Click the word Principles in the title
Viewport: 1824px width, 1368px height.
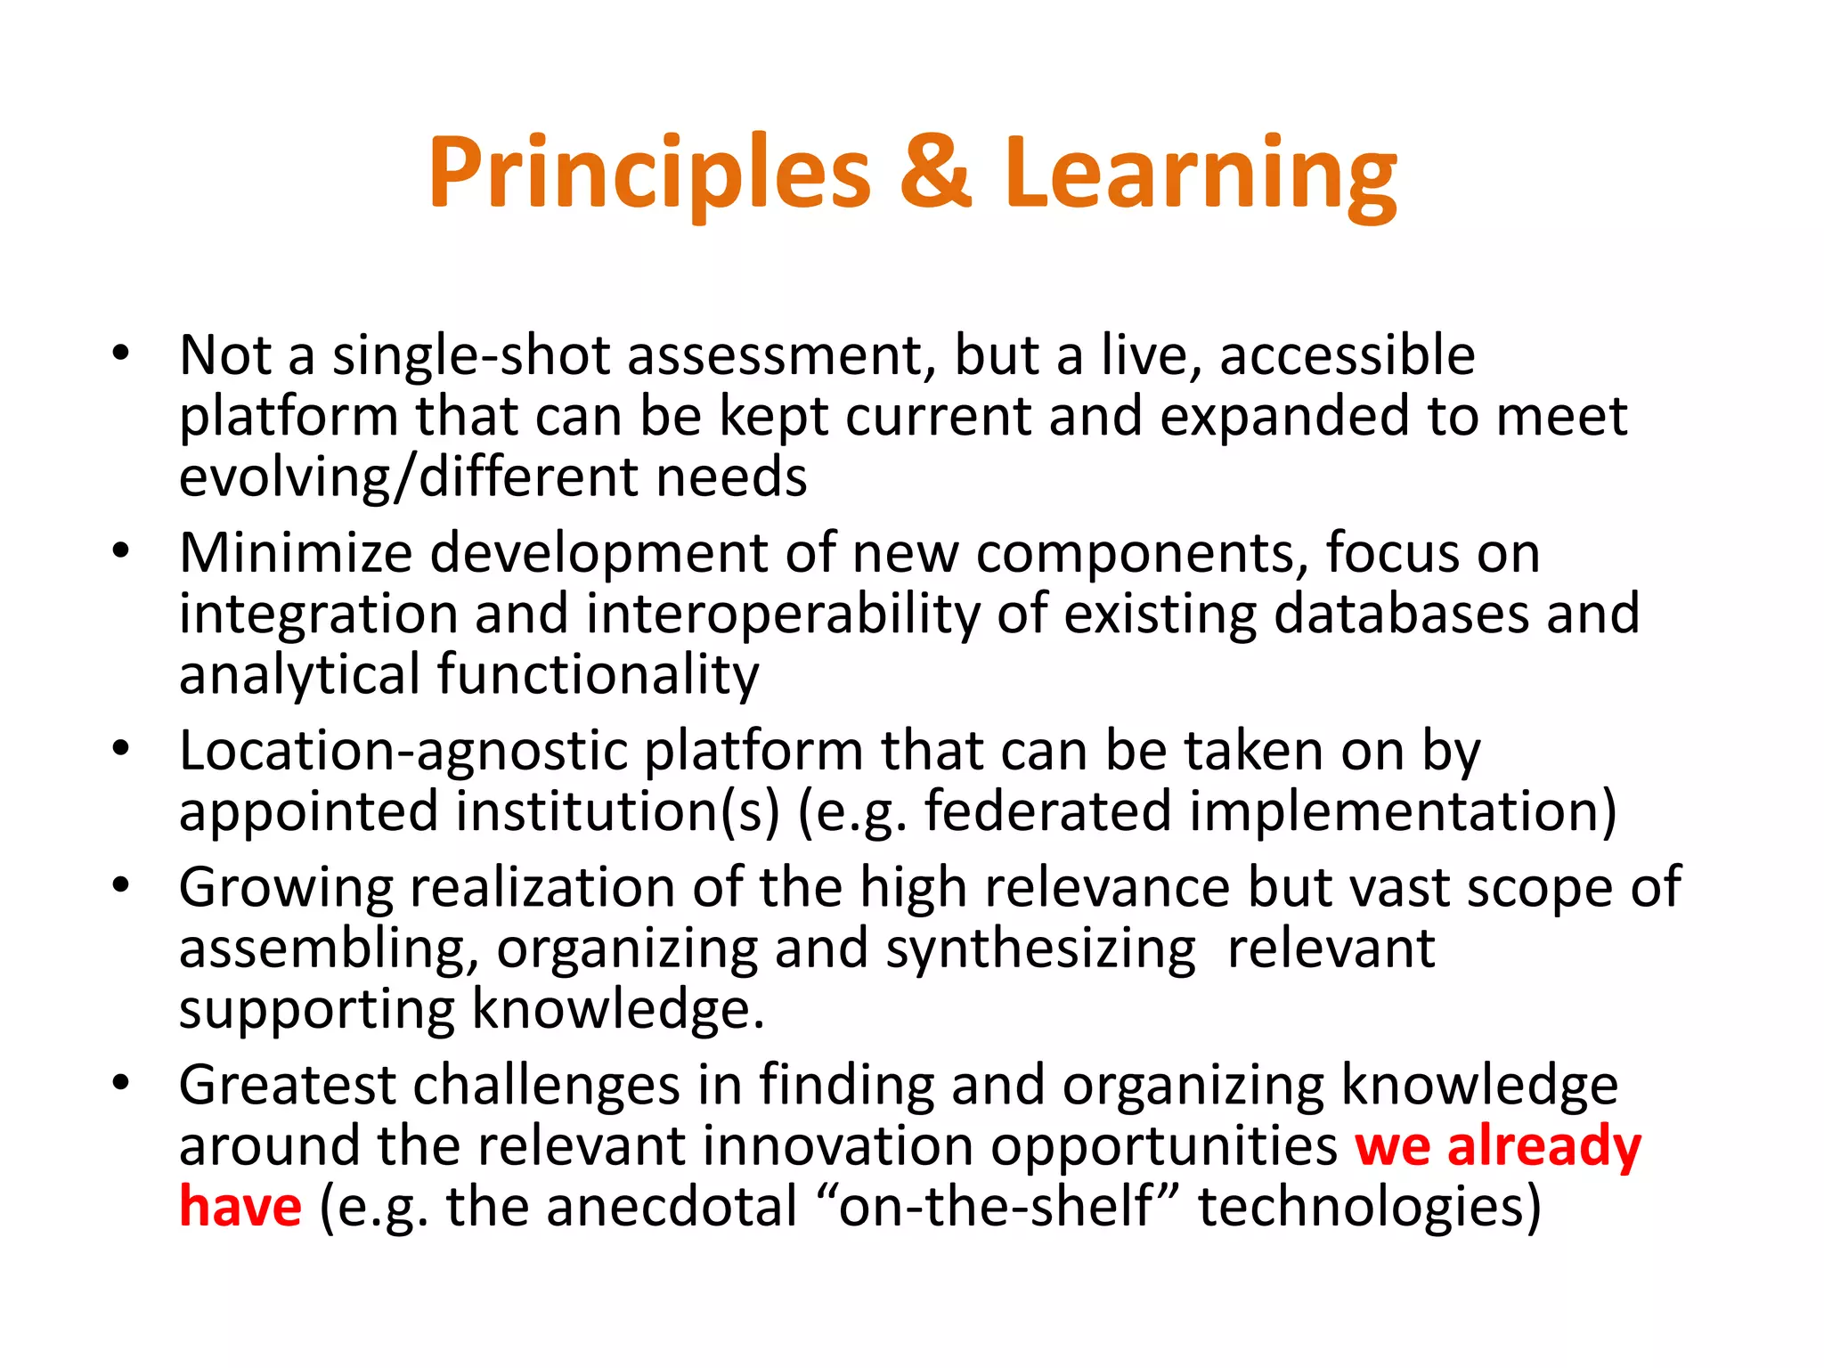point(649,174)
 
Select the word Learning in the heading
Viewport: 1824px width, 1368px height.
point(1201,174)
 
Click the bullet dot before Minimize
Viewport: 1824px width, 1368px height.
point(121,550)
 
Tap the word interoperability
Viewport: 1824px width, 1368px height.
point(782,615)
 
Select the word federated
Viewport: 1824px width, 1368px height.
point(1047,812)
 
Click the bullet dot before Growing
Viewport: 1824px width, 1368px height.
point(121,885)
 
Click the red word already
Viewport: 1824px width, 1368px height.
point(1543,1147)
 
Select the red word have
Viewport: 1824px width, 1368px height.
point(240,1207)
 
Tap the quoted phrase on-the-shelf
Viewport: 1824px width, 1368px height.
point(996,1207)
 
